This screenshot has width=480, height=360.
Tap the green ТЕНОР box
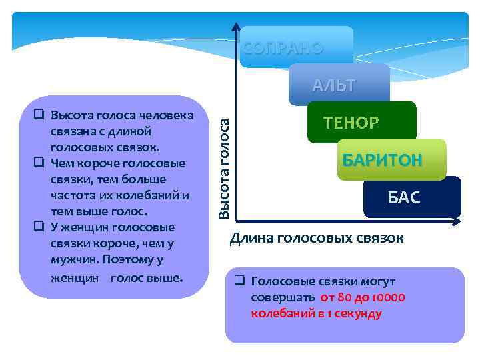tap(351, 123)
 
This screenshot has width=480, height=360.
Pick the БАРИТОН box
tap(382, 161)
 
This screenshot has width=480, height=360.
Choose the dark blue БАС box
tap(404, 198)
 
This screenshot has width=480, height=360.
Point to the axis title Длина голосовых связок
tap(317, 239)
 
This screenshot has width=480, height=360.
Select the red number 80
tap(344, 297)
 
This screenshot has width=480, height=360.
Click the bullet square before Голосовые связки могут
tap(240, 281)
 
